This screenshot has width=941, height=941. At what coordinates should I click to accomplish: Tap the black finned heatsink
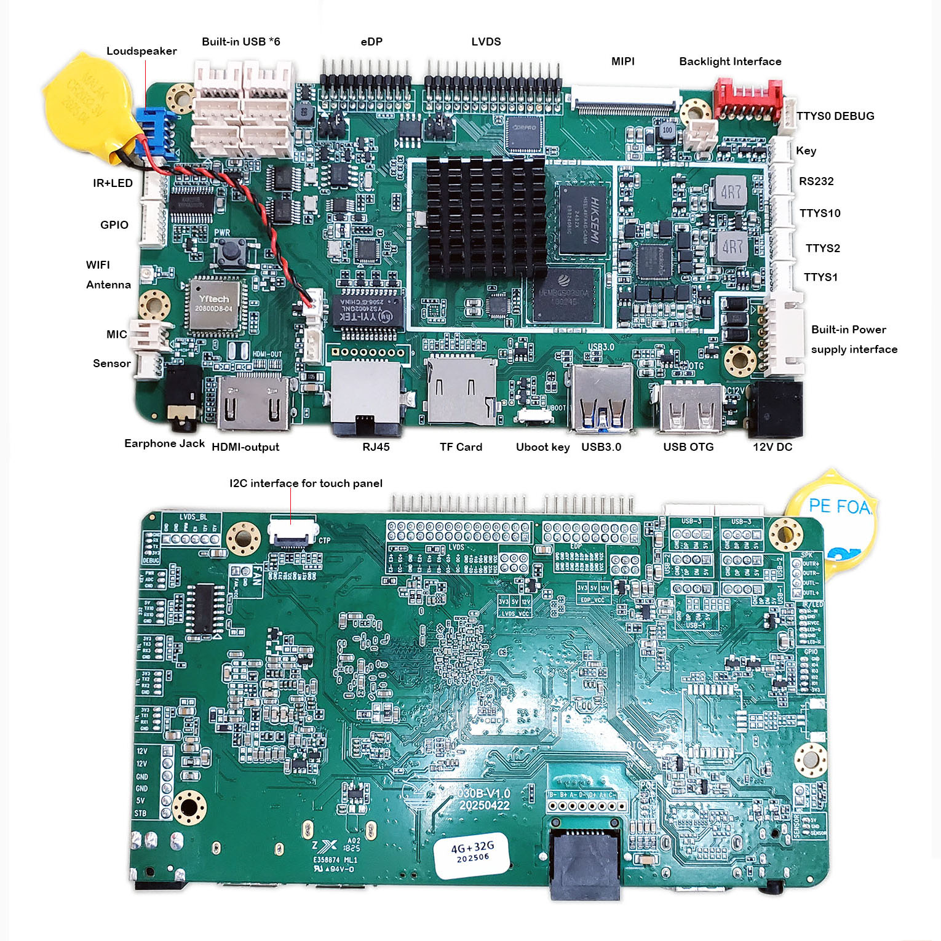(486, 215)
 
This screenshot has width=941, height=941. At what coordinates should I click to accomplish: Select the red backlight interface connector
(747, 98)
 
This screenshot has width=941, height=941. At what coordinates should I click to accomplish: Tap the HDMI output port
(253, 403)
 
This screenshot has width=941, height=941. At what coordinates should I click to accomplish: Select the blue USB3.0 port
(602, 398)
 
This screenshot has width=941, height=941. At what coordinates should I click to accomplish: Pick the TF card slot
(461, 391)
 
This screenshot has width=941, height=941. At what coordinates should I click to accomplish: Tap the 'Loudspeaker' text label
(141, 51)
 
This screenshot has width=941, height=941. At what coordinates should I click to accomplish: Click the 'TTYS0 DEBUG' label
(835, 116)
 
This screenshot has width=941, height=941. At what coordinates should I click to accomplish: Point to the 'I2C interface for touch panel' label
(306, 483)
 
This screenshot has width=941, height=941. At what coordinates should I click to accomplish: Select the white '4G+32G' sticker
(472, 853)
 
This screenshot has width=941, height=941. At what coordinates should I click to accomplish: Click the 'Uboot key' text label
(542, 447)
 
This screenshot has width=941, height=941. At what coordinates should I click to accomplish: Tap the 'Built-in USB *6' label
(240, 42)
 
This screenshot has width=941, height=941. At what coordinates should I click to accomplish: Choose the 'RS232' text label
(816, 181)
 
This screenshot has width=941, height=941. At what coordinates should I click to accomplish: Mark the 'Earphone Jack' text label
(164, 443)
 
